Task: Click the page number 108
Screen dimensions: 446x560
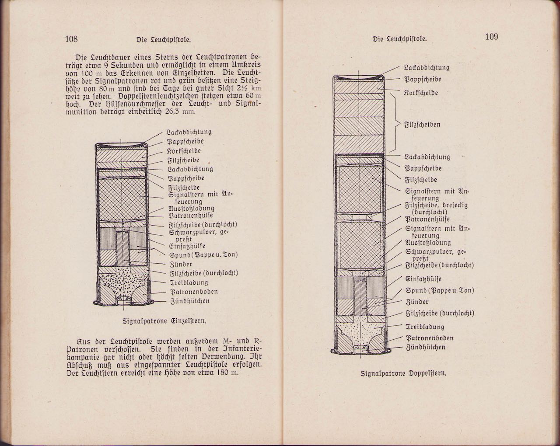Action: coord(71,39)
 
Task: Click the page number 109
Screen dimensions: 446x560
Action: coord(491,37)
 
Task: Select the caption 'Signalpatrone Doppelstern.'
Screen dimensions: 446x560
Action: coord(403,373)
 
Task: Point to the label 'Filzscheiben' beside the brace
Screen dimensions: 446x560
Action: coord(422,125)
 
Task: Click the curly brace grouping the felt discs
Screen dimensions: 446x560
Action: coord(398,125)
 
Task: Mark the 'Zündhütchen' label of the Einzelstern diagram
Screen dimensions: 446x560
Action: coord(190,301)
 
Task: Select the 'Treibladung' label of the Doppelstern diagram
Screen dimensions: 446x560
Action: coord(425,327)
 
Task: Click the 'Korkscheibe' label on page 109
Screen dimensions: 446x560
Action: coord(421,93)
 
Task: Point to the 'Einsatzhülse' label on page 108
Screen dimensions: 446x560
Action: coord(186,246)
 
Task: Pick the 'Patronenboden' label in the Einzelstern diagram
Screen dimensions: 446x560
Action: coord(193,292)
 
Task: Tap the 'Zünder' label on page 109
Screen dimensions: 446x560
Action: coord(417,302)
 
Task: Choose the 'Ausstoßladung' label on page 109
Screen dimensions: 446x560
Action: coord(428,243)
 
